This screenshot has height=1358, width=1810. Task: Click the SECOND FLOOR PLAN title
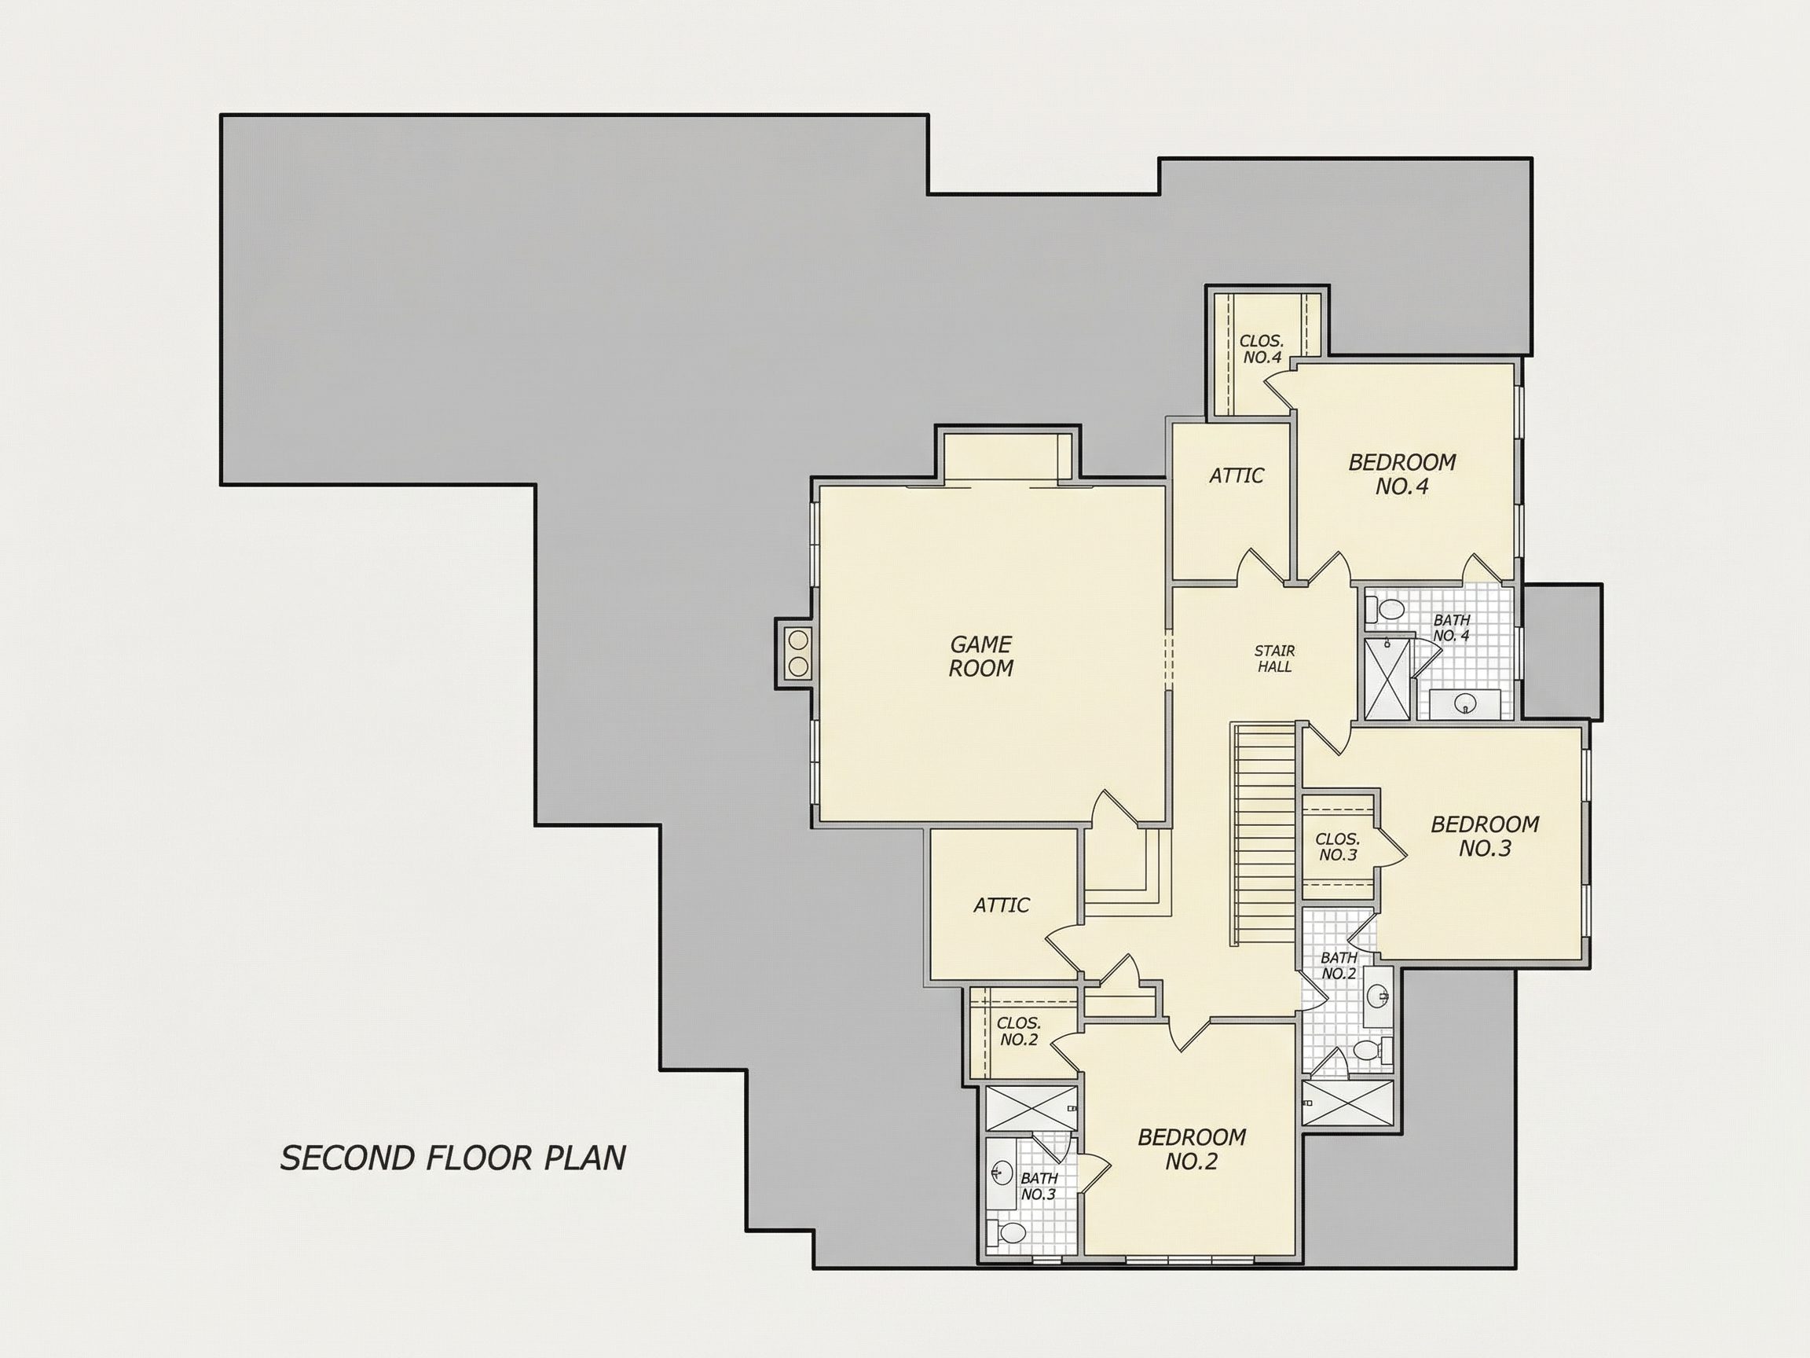point(453,1158)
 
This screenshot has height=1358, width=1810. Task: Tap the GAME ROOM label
point(981,656)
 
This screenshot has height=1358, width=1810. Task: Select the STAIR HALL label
point(1275,659)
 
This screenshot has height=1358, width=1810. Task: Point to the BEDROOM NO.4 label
point(1401,474)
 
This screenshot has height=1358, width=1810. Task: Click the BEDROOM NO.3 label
point(1484,835)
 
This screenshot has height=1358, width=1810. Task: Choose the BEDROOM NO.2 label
point(1192,1148)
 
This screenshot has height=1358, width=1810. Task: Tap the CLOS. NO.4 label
point(1262,349)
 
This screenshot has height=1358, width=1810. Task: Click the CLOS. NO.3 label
point(1338,846)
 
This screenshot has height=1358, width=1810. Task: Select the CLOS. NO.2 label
point(1019,1031)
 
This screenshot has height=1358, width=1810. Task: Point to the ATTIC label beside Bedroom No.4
point(1237,475)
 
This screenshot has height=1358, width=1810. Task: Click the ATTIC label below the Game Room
point(1002,905)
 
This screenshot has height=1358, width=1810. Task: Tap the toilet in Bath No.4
point(1384,610)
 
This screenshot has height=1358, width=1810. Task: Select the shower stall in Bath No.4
point(1387,680)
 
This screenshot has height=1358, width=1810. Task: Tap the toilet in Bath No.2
point(1372,1050)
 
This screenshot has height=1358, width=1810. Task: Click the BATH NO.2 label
point(1339,965)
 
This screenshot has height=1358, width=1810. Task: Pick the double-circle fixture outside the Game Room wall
point(798,653)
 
